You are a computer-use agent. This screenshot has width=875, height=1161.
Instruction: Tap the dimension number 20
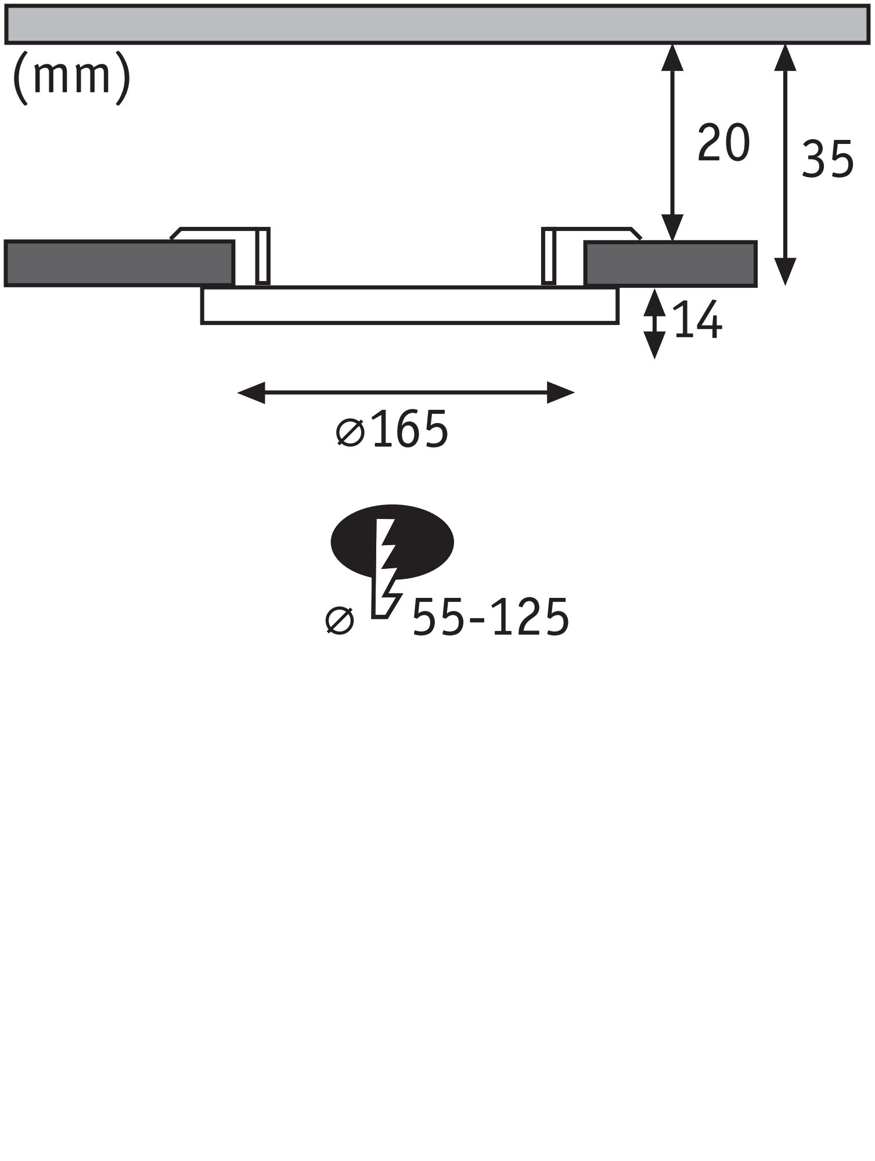pos(723,143)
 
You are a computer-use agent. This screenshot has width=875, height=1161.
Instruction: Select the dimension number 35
pos(827,158)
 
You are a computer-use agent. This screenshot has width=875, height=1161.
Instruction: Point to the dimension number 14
pos(697,320)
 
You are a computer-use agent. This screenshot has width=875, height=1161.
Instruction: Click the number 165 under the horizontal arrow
pos(410,430)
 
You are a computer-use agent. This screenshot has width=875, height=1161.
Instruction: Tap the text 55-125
pos(490,618)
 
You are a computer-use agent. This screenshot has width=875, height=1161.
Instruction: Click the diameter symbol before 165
pos(350,432)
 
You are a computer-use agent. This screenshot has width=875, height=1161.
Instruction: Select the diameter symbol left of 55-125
pos(340,620)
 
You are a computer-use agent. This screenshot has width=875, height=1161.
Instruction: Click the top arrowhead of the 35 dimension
pos(785,57)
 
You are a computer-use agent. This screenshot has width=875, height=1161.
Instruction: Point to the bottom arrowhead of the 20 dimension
pos(672,228)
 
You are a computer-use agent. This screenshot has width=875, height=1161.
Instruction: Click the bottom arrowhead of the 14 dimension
pos(655,346)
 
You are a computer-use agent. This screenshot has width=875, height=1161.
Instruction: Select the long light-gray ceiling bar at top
pos(435,24)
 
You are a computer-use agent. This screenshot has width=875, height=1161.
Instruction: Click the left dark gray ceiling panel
pos(119,264)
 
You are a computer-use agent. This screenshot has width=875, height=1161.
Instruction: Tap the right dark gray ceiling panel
pos(671,264)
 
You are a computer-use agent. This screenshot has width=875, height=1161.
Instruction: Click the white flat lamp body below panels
pos(409,305)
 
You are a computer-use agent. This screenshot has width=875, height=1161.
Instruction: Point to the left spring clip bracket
pos(262,255)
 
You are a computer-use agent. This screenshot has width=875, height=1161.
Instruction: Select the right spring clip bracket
pos(549,255)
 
